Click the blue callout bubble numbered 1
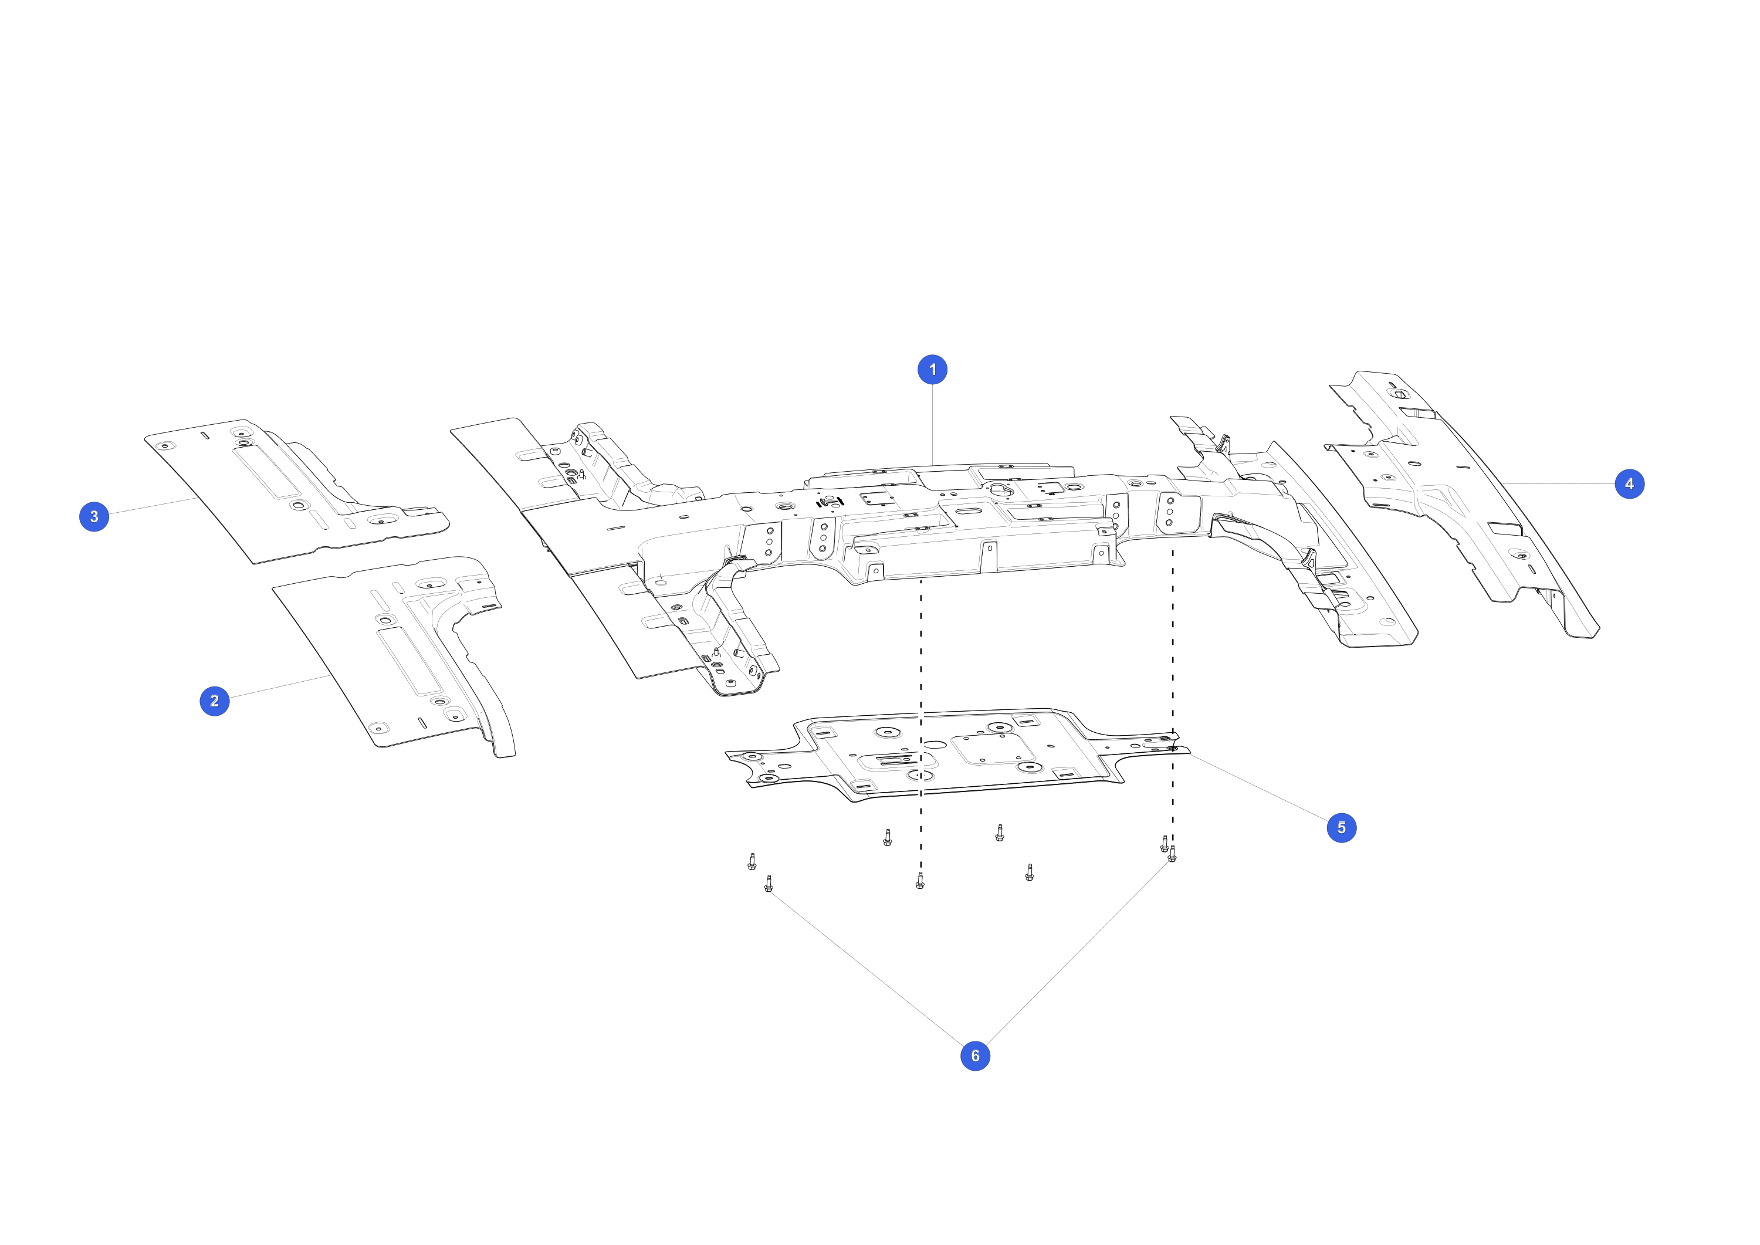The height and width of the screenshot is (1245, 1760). coord(932,370)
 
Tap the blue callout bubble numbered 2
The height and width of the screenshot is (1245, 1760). coord(215,701)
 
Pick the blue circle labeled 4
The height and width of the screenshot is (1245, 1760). coord(1630,483)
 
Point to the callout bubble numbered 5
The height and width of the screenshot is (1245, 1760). coord(1342,828)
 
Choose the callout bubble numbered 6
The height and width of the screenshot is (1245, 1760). coord(975,1055)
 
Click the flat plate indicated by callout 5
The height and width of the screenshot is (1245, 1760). coord(958,755)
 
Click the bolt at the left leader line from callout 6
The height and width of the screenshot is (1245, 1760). coord(769,884)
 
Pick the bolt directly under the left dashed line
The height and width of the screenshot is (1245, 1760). coord(920,880)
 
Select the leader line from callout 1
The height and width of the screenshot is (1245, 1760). coord(932,425)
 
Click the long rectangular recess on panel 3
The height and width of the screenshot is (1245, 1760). coord(266,472)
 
